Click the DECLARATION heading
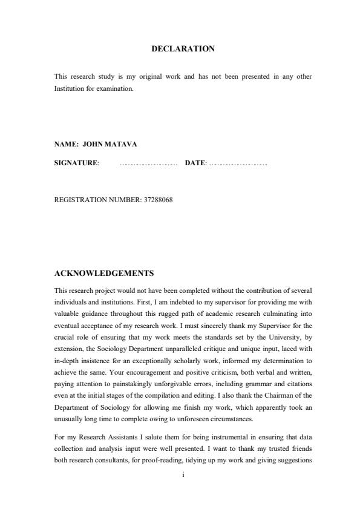coord(183,48)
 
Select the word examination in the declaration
coord(110,88)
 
